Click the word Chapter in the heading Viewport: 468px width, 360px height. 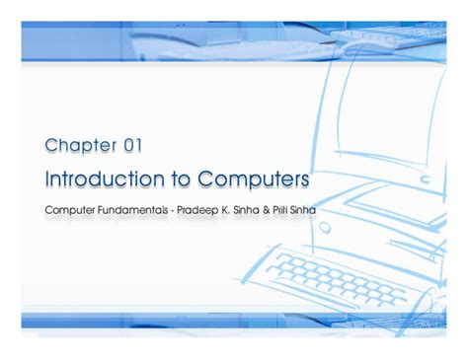pos(79,146)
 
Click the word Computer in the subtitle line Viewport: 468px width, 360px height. pos(70,210)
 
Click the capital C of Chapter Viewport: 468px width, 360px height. pos(52,146)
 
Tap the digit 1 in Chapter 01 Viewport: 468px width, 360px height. pos(139,146)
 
